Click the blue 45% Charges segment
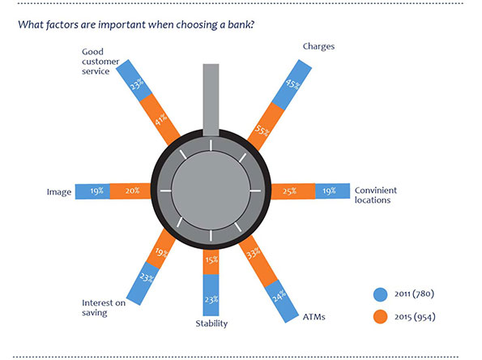(292, 84)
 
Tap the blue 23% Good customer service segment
(134, 80)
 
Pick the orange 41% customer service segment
(160, 119)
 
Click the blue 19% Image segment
(92, 191)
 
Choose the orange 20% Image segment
(130, 191)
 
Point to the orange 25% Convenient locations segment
(293, 191)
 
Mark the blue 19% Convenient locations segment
(333, 191)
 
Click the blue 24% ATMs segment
(282, 301)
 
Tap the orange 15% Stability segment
(211, 262)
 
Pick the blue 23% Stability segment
(211, 295)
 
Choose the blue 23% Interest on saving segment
(143, 284)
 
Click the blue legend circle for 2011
(380, 294)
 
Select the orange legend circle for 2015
(380, 316)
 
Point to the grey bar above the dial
(211, 100)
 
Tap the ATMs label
(314, 317)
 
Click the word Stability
(211, 324)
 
